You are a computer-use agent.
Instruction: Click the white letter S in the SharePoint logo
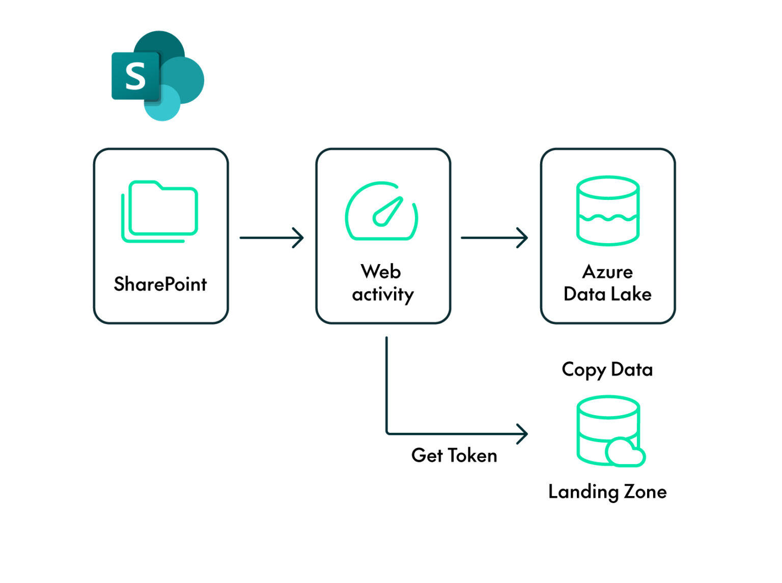(x=135, y=76)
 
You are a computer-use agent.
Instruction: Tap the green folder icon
(x=160, y=211)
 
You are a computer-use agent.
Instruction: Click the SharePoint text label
(x=160, y=284)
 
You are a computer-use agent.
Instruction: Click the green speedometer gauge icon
(x=382, y=211)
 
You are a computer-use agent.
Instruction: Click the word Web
(x=381, y=272)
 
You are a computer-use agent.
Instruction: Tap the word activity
(x=383, y=295)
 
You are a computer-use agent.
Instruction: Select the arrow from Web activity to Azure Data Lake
(x=494, y=238)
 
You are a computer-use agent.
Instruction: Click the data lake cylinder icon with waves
(x=607, y=211)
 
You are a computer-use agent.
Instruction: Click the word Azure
(x=607, y=272)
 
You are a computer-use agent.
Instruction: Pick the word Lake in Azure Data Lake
(x=631, y=294)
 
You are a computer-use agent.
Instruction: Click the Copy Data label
(x=607, y=370)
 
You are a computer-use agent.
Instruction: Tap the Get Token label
(x=454, y=455)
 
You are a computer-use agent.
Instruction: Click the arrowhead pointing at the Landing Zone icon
(x=523, y=434)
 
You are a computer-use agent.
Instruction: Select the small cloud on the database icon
(x=625, y=452)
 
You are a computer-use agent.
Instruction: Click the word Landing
(x=583, y=492)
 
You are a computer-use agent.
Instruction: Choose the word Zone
(x=645, y=492)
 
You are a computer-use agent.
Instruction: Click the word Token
(x=472, y=455)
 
